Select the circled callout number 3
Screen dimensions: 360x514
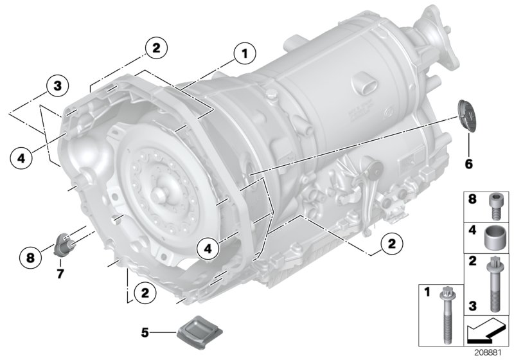pyautogui.click(x=57, y=85)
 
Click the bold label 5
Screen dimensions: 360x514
pyautogui.click(x=145, y=332)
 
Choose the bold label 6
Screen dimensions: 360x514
pyautogui.click(x=468, y=164)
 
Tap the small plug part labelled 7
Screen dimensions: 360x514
pyautogui.click(x=65, y=244)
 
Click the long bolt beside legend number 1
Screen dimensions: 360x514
pyautogui.click(x=444, y=315)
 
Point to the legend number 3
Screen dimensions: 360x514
pyautogui.click(x=474, y=305)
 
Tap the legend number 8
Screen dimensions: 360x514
pyautogui.click(x=474, y=201)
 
